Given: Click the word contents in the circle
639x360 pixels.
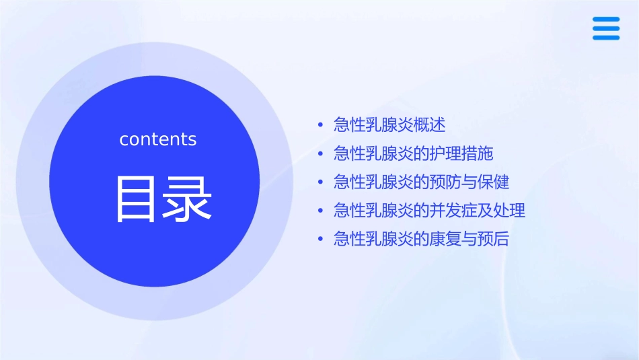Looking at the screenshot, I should [x=158, y=139].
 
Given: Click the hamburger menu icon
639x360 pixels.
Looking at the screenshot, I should [x=606, y=29].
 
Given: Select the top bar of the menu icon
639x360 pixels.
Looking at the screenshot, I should [x=606, y=20].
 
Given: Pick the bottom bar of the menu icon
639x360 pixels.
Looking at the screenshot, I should [x=606, y=38].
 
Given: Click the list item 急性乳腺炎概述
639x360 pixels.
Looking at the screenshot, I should [x=389, y=125].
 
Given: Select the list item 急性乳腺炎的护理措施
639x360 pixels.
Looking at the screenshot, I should [x=413, y=153].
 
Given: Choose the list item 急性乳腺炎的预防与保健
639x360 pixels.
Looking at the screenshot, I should [x=421, y=182].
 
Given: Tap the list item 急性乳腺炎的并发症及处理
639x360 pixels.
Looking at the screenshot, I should [x=429, y=211].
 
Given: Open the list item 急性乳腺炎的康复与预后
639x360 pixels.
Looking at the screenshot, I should [x=421, y=239].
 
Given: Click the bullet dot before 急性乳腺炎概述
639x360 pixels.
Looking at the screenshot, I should [x=321, y=126].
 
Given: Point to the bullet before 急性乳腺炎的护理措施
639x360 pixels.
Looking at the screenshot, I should [x=321, y=154].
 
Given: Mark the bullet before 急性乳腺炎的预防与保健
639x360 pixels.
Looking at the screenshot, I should [x=321, y=182].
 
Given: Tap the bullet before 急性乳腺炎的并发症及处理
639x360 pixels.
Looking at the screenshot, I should [x=321, y=211].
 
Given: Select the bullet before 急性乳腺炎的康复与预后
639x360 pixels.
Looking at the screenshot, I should [x=321, y=240].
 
